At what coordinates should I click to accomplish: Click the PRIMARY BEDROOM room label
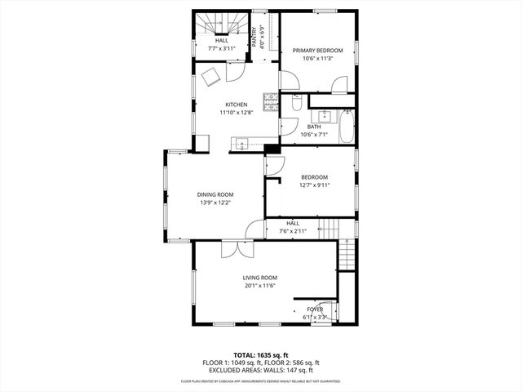pos(318,51)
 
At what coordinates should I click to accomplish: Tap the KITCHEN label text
pos(237,105)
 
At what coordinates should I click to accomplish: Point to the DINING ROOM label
pos(215,194)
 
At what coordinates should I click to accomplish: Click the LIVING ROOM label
pos(260,278)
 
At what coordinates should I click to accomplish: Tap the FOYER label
pos(315,310)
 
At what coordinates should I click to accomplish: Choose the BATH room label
pos(314,127)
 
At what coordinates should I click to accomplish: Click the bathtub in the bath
pos(347,126)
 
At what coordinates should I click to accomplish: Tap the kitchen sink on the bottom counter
pos(240,145)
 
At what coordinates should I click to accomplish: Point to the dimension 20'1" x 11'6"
pos(260,286)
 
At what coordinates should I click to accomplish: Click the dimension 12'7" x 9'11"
pos(314,185)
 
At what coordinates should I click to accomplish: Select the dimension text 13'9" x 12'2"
pos(215,203)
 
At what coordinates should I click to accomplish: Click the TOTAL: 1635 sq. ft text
pos(261,355)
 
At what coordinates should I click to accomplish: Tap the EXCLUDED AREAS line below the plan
pos(261,370)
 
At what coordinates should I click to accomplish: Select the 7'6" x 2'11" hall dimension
pos(293,231)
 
